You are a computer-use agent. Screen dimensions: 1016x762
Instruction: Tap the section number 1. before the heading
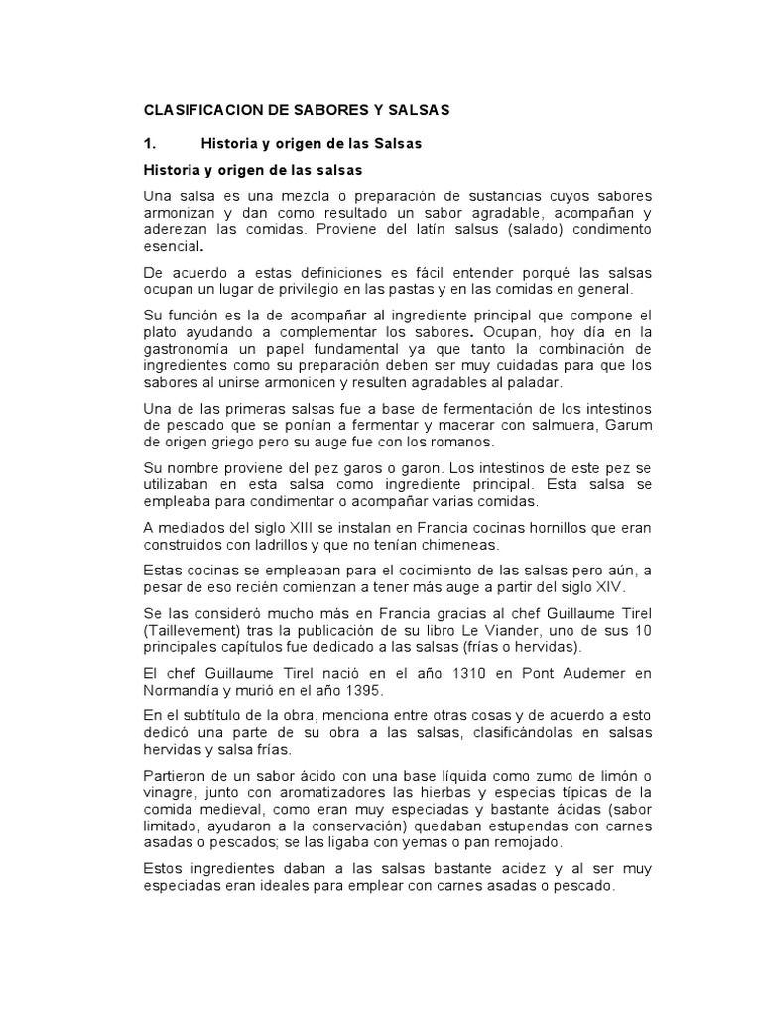(150, 143)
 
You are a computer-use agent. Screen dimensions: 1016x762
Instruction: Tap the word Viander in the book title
(515, 632)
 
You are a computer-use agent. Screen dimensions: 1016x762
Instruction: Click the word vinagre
(172, 793)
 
